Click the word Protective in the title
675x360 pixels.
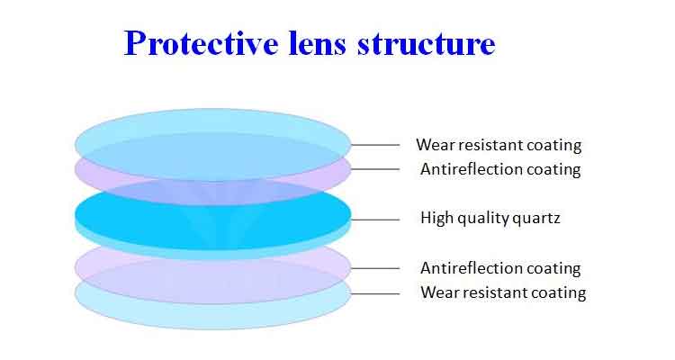pos(201,43)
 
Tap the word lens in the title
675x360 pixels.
pos(317,43)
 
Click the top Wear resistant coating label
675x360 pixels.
pos(499,145)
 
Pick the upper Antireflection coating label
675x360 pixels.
pos(500,169)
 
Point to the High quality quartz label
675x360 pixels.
pos(490,218)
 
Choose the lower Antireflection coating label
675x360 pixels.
pos(500,268)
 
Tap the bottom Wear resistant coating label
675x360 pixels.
pos(503,292)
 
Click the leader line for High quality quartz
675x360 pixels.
pos(375,220)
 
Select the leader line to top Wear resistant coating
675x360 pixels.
pos(375,145)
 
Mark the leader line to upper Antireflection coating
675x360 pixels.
pos(375,169)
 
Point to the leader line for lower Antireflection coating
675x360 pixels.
pos(375,268)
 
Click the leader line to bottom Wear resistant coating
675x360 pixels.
pos(375,294)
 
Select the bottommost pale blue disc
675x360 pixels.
pos(213,317)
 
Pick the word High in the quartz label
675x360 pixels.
pos(436,218)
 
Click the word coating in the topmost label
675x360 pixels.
pos(554,146)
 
